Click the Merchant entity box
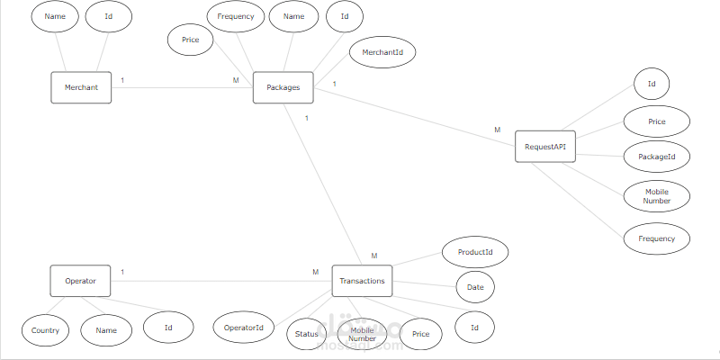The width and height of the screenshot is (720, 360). (81, 87)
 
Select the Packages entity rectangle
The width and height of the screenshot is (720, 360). (283, 87)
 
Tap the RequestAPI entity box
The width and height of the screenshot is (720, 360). (545, 147)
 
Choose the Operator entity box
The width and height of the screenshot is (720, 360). (80, 281)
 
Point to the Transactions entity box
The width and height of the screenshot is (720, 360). (363, 281)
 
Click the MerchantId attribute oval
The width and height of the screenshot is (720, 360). (382, 53)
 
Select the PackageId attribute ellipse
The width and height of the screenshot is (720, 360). (657, 157)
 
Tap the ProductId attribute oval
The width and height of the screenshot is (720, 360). (476, 252)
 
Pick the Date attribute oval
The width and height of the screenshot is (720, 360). (475, 287)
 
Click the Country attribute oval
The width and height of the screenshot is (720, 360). (45, 330)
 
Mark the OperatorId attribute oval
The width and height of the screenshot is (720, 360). (243, 328)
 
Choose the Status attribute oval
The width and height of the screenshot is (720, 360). (305, 335)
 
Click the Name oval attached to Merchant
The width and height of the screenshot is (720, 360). (54, 17)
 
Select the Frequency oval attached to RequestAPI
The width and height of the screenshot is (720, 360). (657, 238)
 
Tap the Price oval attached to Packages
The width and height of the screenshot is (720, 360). (191, 40)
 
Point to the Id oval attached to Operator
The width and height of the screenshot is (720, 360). (168, 328)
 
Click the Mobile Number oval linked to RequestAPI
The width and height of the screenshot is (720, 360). (657, 195)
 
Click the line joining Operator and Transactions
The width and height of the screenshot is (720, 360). (216, 281)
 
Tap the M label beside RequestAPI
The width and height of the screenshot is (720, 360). (497, 130)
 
